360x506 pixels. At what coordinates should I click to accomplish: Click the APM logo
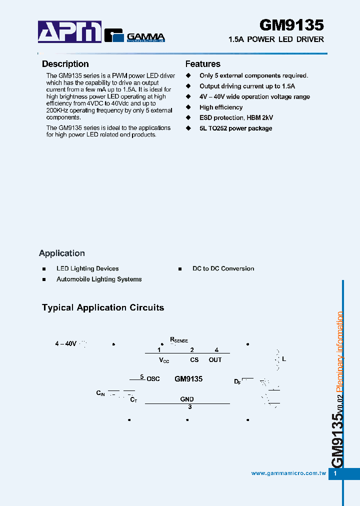(70, 32)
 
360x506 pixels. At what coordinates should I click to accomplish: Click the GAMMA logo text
(145, 36)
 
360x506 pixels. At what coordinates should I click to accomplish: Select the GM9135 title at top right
(291, 25)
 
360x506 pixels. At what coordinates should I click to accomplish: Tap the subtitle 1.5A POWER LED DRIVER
(275, 39)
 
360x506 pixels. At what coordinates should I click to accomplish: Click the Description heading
(65, 64)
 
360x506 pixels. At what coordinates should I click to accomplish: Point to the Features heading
(202, 64)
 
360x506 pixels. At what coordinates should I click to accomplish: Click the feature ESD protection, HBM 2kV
(236, 118)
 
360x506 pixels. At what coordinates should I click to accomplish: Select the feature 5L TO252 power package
(235, 128)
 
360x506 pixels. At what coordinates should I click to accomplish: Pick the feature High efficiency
(221, 107)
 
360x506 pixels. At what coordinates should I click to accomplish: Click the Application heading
(62, 253)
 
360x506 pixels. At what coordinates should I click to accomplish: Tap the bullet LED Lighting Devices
(87, 268)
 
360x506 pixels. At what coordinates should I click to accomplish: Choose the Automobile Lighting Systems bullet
(99, 279)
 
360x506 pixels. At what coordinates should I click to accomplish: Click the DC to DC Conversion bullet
(223, 268)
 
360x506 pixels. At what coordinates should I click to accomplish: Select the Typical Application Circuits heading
(103, 308)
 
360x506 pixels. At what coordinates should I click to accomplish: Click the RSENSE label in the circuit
(179, 340)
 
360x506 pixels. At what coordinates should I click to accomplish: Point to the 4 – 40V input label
(65, 344)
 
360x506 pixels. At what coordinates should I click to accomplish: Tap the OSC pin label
(153, 379)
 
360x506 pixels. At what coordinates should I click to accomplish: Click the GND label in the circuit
(187, 399)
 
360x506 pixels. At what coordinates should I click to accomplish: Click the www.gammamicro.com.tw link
(288, 473)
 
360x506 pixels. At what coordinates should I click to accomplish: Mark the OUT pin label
(215, 360)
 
